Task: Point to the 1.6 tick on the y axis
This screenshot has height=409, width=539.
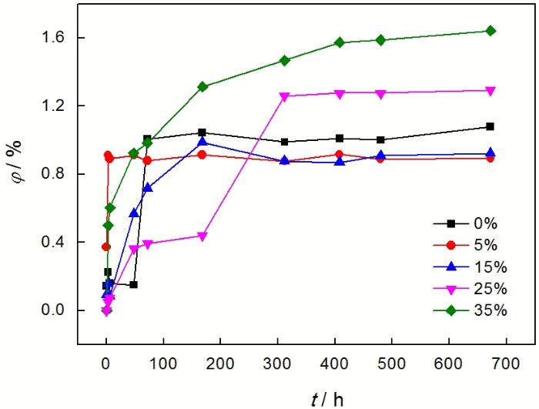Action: pos(57,38)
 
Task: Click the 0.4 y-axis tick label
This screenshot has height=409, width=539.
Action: pos(57,243)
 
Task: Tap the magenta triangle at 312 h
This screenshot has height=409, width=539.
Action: pos(284,96)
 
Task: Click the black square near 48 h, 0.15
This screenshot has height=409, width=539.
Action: pos(134,285)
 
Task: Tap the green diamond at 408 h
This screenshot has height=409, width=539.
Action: pos(340,42)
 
